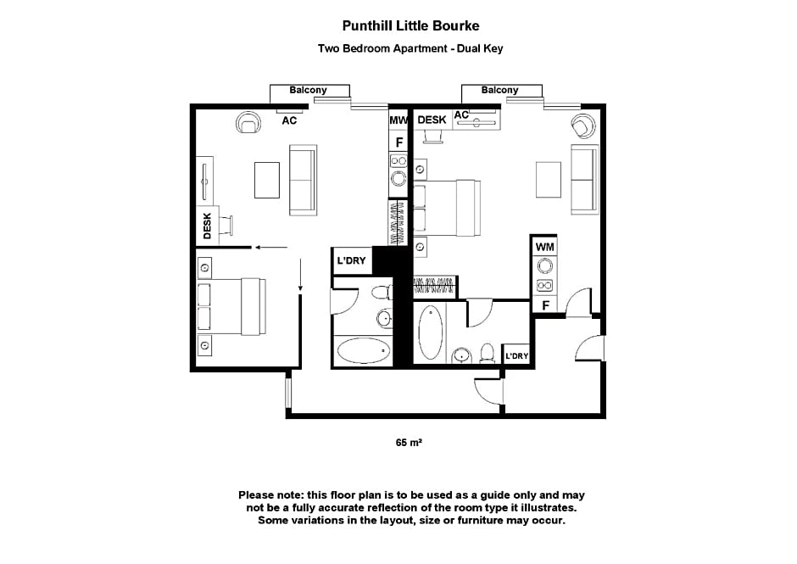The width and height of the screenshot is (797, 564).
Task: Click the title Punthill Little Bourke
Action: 410,25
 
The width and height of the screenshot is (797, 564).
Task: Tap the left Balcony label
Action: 308,90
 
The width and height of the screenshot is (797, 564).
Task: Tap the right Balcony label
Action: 499,90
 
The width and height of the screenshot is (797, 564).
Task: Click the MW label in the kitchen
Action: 398,120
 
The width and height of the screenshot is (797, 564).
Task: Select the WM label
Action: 544,247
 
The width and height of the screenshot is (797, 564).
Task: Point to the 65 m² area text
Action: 409,443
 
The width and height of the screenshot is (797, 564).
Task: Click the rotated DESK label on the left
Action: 207,226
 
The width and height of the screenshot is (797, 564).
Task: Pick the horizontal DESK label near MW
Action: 432,120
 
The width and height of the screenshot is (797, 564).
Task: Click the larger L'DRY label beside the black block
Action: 351,260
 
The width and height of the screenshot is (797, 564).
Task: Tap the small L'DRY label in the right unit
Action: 516,356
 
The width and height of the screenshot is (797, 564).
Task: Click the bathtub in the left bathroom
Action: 364,350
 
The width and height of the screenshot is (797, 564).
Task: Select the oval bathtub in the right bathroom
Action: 430,332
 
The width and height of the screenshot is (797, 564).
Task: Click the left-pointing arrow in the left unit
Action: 271,248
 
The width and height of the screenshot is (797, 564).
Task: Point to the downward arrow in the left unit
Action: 300,275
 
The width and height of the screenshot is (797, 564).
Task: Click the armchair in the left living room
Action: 248,123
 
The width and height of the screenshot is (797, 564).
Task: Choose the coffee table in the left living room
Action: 267,180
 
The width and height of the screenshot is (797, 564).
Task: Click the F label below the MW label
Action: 399,142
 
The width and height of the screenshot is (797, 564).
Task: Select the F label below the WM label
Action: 545,305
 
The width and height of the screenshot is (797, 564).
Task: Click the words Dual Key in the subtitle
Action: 480,49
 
